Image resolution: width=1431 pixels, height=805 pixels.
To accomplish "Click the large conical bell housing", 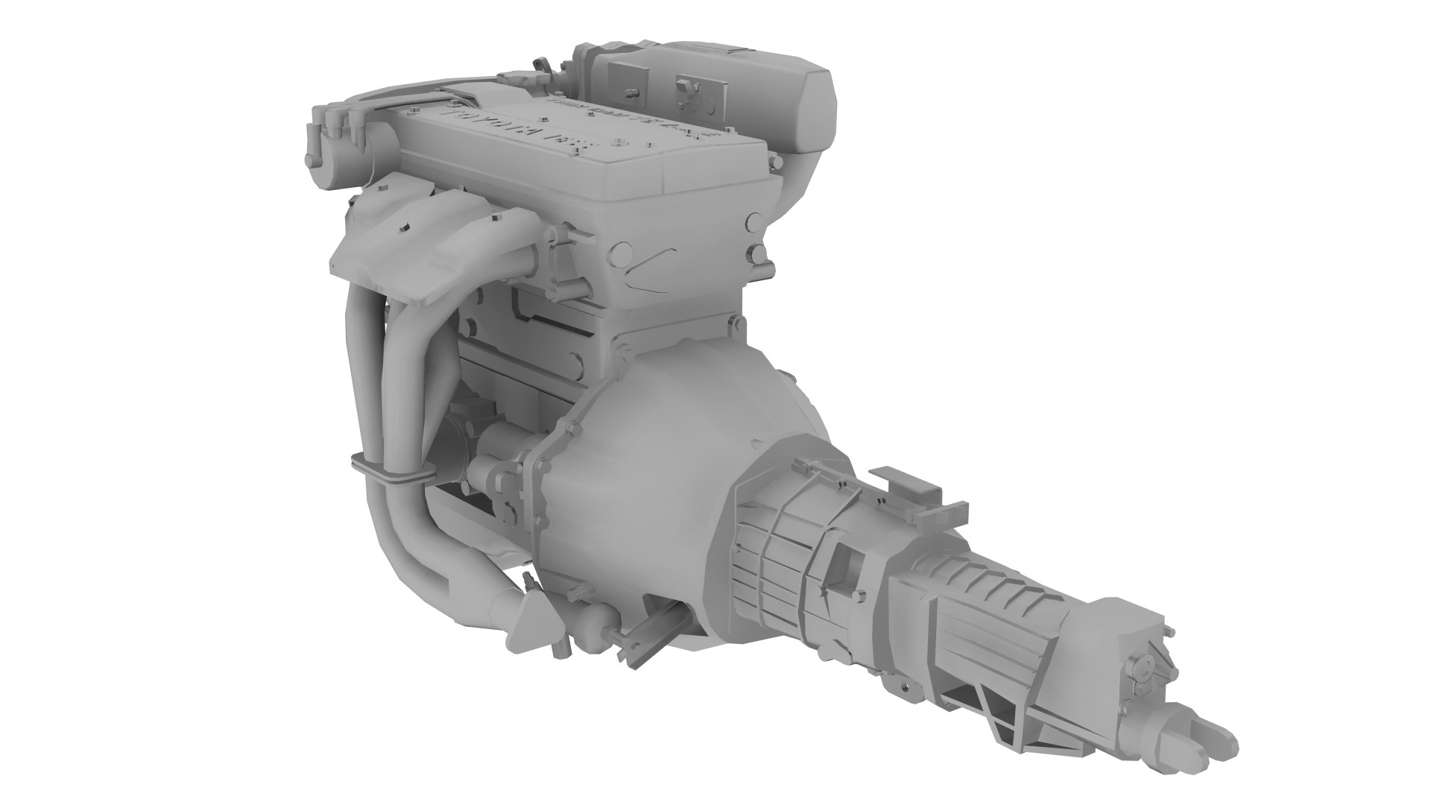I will [656, 477].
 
